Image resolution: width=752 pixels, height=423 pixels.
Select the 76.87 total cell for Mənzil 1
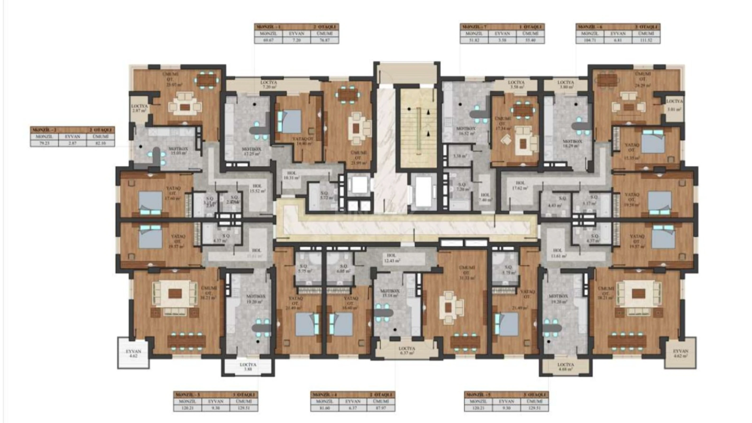pos(325,40)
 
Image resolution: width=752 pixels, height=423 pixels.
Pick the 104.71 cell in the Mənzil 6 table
pos(590,40)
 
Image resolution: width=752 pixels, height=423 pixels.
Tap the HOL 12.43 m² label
pos(392,258)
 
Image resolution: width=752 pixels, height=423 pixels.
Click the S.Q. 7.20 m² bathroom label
pos(461,187)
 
